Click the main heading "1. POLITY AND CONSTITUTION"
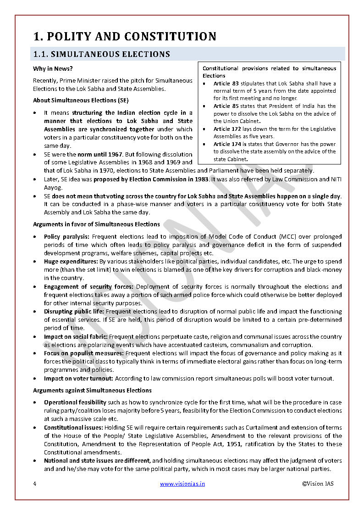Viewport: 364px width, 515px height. point(125,36)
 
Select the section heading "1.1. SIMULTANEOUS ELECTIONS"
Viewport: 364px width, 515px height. point(101,54)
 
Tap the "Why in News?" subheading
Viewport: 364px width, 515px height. point(53,69)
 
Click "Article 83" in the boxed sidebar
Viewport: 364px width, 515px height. point(228,84)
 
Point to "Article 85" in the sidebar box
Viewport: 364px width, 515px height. point(228,106)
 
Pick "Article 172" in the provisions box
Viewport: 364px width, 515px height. point(229,129)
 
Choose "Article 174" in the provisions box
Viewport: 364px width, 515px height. point(229,144)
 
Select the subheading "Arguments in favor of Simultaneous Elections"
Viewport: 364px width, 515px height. point(96,224)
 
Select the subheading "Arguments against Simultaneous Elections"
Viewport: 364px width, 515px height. point(92,391)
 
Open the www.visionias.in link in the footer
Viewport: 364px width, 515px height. point(182,483)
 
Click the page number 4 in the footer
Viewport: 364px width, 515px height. point(34,483)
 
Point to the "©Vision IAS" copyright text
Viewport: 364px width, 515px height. point(318,483)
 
